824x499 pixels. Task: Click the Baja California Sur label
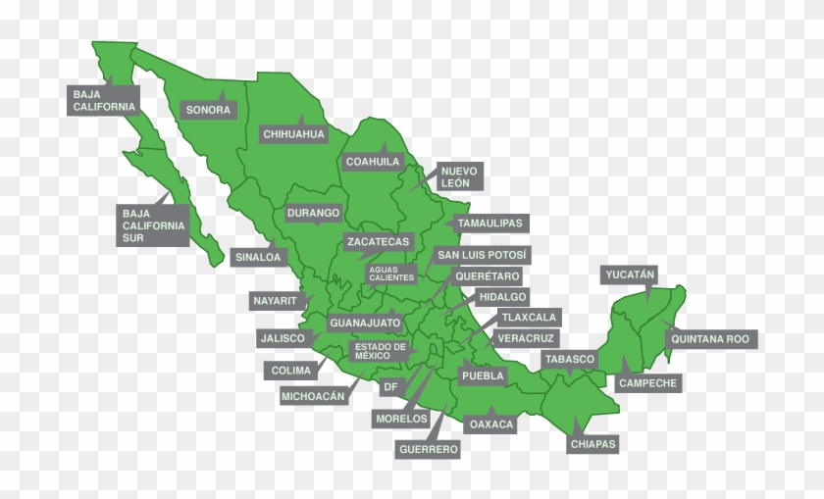(153, 225)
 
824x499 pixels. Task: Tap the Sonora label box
(208, 110)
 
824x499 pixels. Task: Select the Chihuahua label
(293, 133)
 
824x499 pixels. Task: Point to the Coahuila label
(373, 161)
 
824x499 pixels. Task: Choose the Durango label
(314, 213)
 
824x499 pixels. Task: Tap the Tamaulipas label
(490, 224)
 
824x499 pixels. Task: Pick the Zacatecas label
(378, 241)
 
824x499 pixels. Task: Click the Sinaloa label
(258, 258)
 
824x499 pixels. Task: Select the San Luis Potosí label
(482, 256)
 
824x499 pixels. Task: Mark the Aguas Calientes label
(391, 274)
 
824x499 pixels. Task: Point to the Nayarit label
(275, 301)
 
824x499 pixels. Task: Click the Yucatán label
(629, 274)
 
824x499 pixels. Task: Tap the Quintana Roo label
(710, 339)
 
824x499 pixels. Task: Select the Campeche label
(647, 383)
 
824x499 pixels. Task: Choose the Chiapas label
(593, 444)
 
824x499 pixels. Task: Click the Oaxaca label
(491, 424)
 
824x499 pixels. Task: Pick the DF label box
(390, 387)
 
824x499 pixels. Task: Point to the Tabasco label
(570, 360)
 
